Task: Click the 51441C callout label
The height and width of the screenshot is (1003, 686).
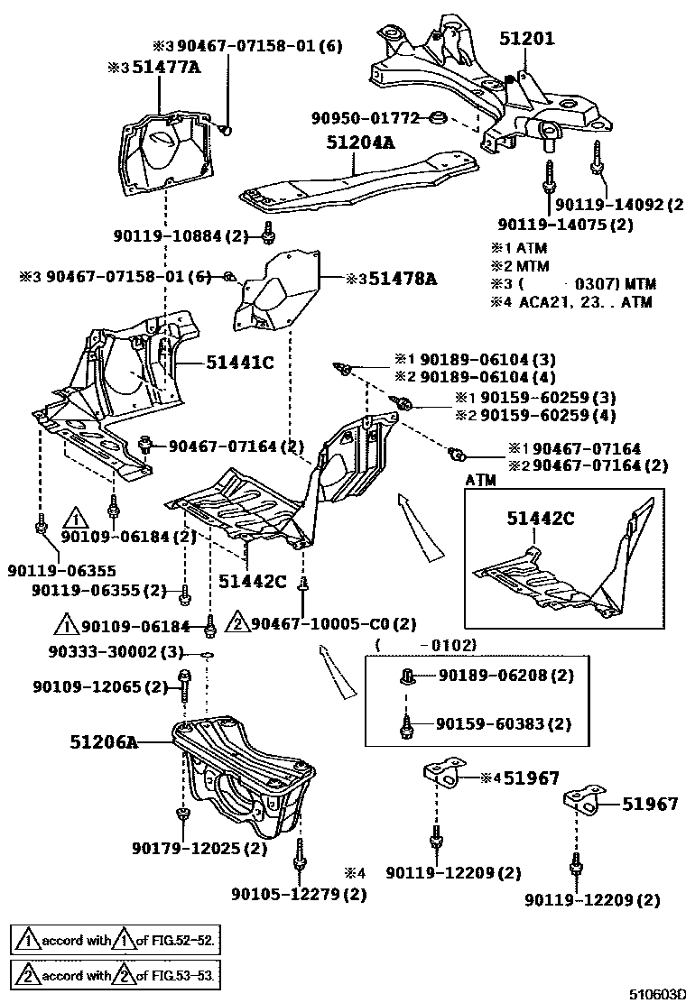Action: coord(239,362)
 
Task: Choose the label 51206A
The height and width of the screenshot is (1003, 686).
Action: coord(104,742)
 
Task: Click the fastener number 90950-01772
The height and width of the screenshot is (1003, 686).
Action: coord(366,117)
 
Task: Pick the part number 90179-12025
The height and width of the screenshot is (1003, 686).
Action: coord(187,848)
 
